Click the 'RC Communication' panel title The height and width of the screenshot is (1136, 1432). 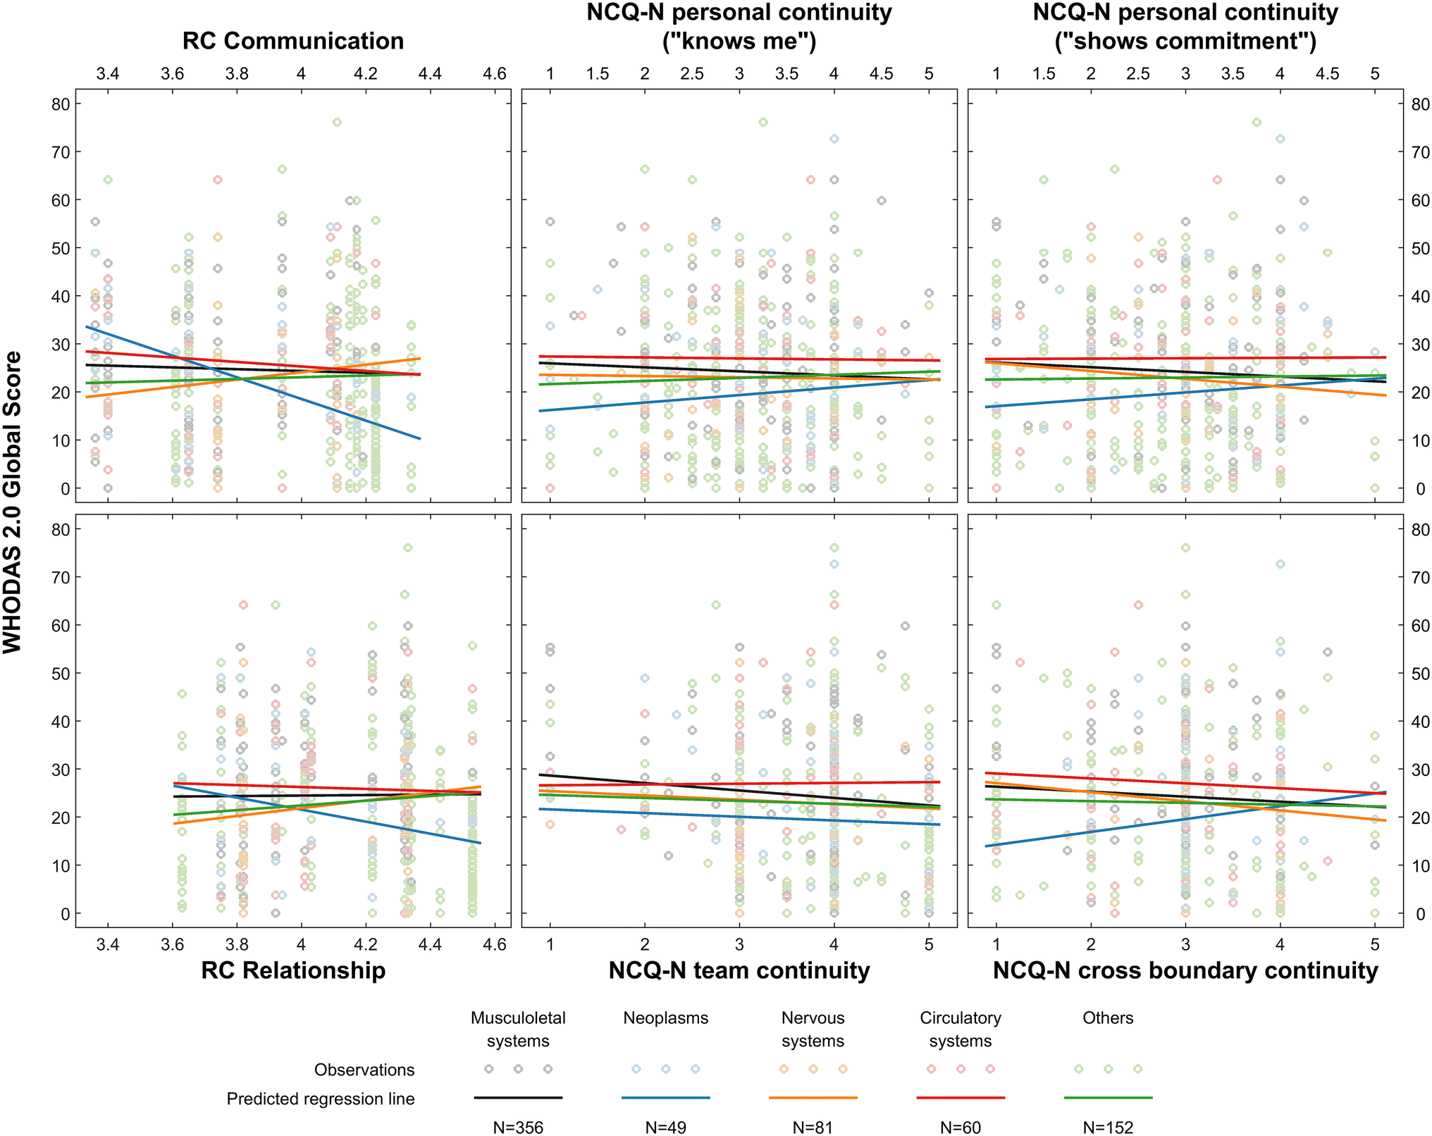click(293, 41)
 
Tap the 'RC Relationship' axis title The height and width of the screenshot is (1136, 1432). click(293, 970)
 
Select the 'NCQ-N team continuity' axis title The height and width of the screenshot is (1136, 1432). click(739, 970)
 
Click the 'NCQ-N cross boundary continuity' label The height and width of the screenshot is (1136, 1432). click(1185, 970)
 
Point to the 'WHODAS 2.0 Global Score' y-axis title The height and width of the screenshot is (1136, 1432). click(13, 502)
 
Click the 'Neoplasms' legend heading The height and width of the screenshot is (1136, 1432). click(666, 1018)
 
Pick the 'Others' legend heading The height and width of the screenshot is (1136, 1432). click(1108, 1018)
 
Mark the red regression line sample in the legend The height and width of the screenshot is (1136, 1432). click(961, 1097)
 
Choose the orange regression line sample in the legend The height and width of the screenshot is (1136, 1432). click(813, 1097)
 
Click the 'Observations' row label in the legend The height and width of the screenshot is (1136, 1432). click(364, 1070)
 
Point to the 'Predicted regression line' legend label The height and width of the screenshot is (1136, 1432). click(321, 1099)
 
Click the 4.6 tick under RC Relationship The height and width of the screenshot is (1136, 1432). click(495, 944)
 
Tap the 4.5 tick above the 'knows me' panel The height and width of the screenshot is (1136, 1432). click(881, 74)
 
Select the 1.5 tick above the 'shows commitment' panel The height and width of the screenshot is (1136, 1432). click(1044, 74)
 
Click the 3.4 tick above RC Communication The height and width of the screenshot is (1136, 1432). click(108, 74)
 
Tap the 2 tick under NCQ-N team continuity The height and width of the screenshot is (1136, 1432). click(645, 944)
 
